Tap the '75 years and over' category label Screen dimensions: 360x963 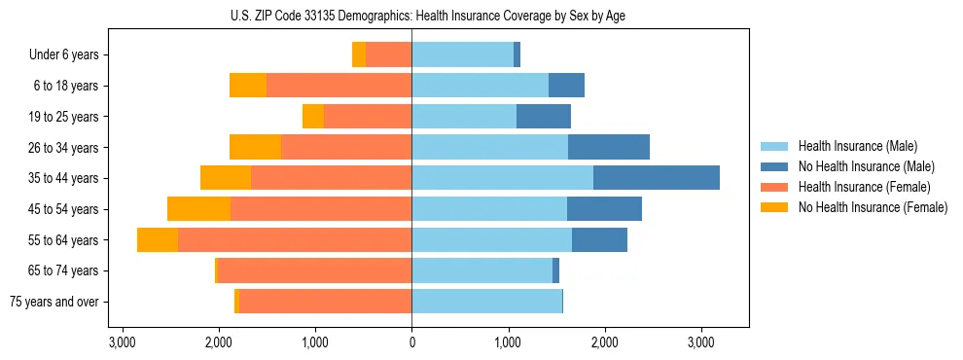pyautogui.click(x=54, y=302)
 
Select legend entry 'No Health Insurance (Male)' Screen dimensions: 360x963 pyautogui.click(x=866, y=166)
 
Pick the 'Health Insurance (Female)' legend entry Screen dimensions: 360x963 pyautogui.click(x=864, y=187)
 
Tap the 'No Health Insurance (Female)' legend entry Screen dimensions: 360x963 pyautogui.click(x=873, y=207)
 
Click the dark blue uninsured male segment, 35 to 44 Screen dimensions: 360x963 pyautogui.click(x=657, y=178)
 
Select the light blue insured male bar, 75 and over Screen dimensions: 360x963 pyautogui.click(x=486, y=302)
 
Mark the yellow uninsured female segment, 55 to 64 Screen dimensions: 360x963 pyautogui.click(x=158, y=240)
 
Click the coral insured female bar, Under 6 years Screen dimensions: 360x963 pyautogui.click(x=388, y=55)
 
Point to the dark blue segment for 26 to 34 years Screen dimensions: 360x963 pyautogui.click(x=609, y=148)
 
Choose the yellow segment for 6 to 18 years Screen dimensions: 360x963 pyautogui.click(x=248, y=86)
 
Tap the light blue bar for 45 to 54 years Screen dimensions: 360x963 pyautogui.click(x=489, y=209)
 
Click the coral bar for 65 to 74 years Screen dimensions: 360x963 pyautogui.click(x=314, y=270)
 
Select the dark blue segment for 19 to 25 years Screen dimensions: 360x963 pyautogui.click(x=544, y=117)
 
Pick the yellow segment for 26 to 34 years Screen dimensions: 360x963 pyautogui.click(x=255, y=148)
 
